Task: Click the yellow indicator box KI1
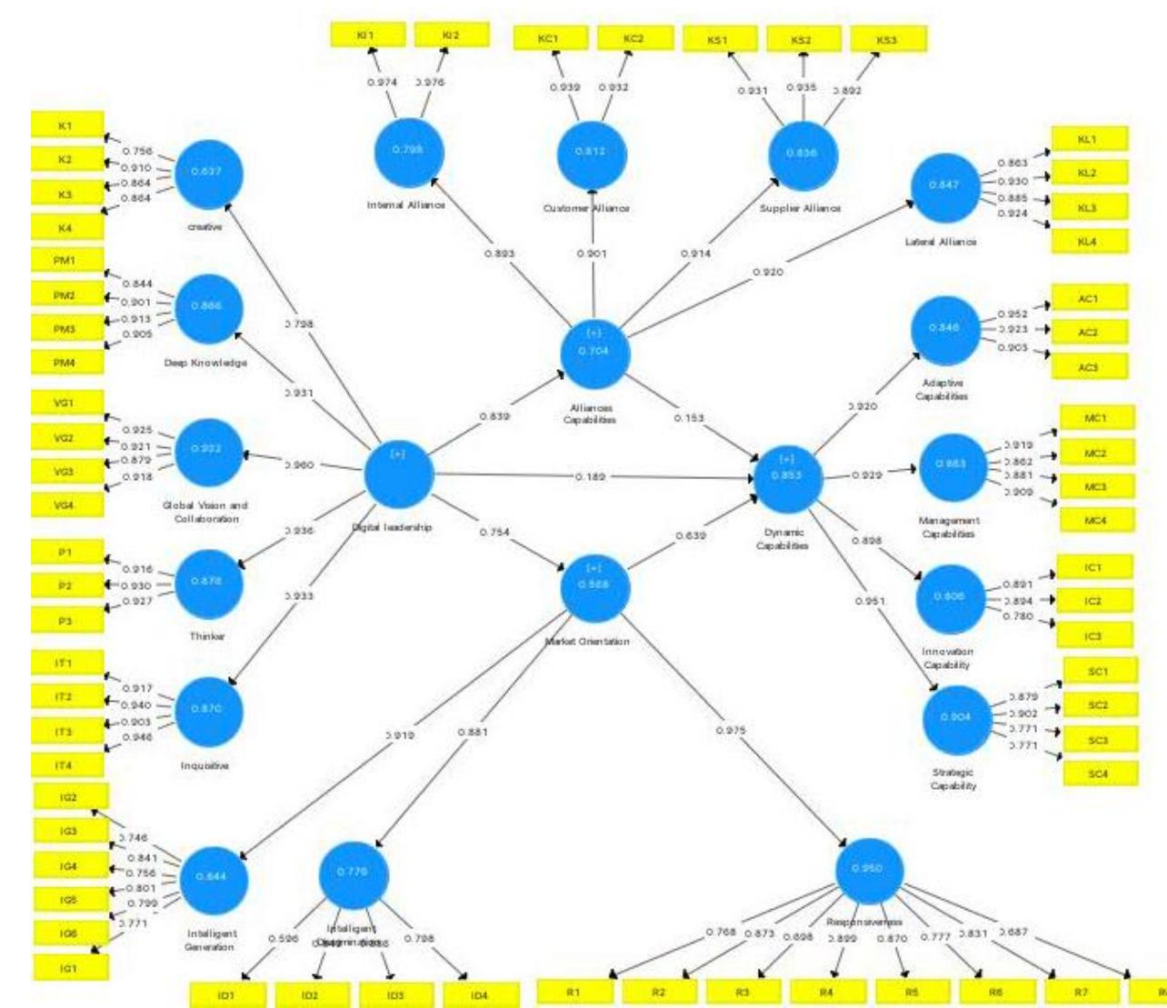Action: tap(366, 35)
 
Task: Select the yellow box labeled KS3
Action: tap(888, 40)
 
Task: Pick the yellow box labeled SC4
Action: tap(1100, 774)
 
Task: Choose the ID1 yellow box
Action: tap(227, 995)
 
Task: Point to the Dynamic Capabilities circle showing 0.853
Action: tap(787, 475)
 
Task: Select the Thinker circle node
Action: tap(208, 582)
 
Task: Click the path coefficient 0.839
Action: tap(494, 416)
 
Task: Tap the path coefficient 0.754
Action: tap(494, 533)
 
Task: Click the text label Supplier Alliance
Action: tap(801, 208)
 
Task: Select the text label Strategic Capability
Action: tap(953, 779)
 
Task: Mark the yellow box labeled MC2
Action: tap(1096, 454)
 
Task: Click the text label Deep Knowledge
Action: tap(205, 363)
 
